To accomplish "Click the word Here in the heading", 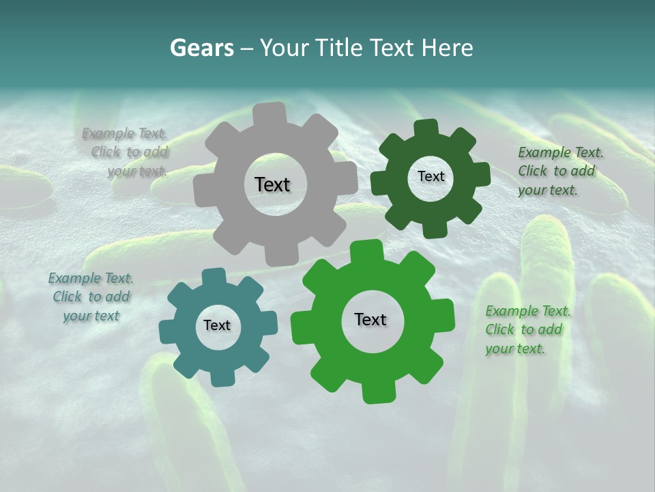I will click(x=448, y=48).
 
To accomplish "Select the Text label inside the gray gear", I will click(x=272, y=184).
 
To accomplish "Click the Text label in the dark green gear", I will click(x=431, y=176).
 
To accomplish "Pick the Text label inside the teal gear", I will click(x=217, y=325).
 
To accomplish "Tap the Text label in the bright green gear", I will click(x=370, y=319).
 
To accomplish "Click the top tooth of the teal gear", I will click(x=214, y=277).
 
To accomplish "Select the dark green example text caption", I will click(x=560, y=171).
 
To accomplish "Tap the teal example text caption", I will click(x=91, y=297).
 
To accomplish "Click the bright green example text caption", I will click(x=528, y=329).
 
